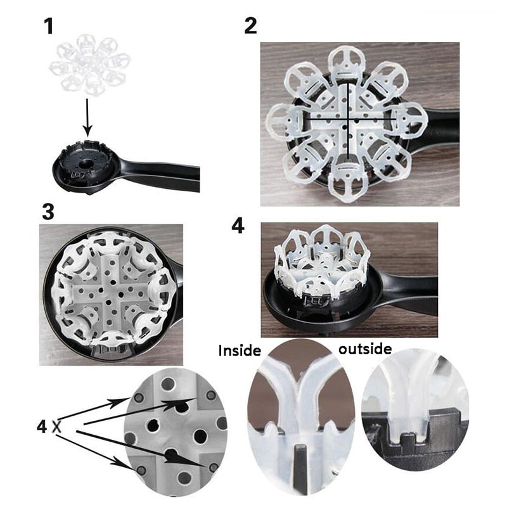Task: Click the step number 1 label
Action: [x=49, y=26]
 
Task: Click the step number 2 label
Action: [x=250, y=26]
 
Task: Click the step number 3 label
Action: [x=48, y=212]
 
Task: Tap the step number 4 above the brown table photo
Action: [x=238, y=226]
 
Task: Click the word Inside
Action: [x=240, y=349]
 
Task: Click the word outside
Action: [x=365, y=349]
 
